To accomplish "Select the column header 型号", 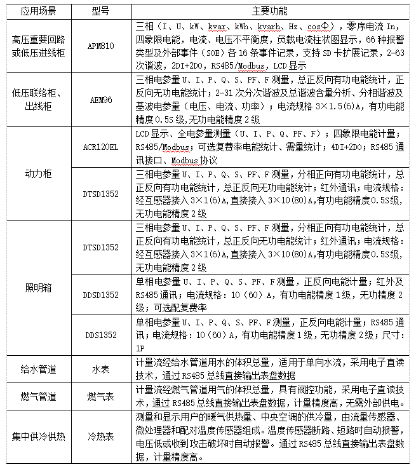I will tap(101, 11).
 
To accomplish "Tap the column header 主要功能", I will tap(269, 11).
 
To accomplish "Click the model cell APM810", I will tap(102, 47).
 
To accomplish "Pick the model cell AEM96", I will tap(101, 100).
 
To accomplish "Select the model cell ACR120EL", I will tap(101, 147).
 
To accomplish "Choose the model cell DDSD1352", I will tap(101, 295).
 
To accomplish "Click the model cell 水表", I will tap(101, 368).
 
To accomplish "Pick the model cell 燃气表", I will tap(101, 397).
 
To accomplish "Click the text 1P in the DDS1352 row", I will tap(141, 348).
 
